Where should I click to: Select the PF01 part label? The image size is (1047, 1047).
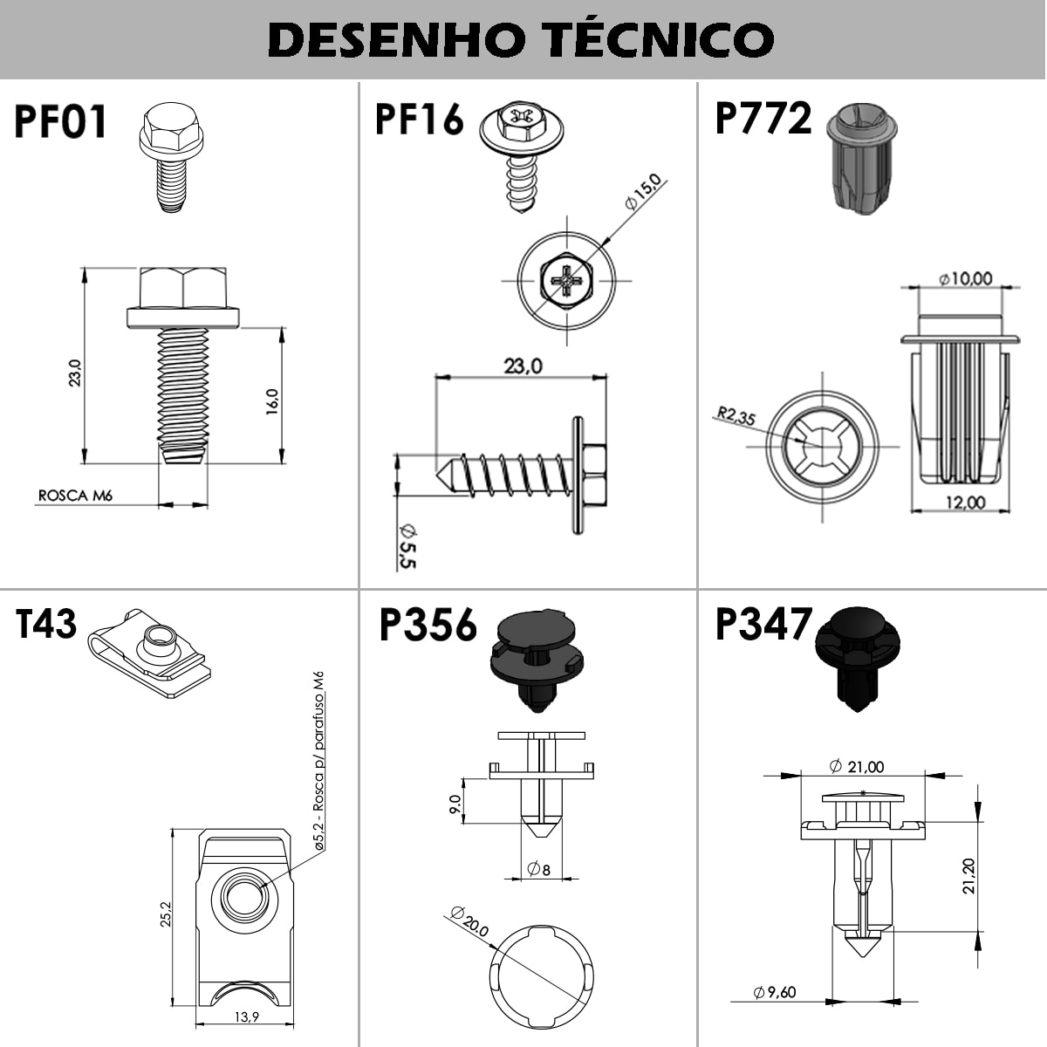[60, 121]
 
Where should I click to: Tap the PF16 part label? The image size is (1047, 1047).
[419, 119]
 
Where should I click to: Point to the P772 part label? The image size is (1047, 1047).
[763, 118]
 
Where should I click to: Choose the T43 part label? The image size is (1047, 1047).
[46, 624]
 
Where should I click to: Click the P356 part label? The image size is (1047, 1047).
[428, 625]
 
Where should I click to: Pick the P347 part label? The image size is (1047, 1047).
[763, 624]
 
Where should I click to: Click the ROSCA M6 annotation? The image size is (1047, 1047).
[75, 496]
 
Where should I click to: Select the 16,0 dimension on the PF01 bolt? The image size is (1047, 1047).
[271, 402]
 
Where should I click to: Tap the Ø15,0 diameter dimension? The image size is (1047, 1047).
[643, 192]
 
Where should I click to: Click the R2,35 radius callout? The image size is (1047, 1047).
[736, 416]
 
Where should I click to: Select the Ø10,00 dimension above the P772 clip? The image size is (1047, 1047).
[965, 278]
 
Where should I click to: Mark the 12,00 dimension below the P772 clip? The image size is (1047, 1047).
[965, 502]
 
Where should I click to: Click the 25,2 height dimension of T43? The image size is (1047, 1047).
[166, 914]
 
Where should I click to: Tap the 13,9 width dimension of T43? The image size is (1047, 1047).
[247, 1016]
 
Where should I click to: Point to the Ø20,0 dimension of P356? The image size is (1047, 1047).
[470, 921]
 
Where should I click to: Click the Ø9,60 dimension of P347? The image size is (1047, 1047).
[775, 991]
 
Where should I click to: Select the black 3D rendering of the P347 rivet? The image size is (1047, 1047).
[858, 660]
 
